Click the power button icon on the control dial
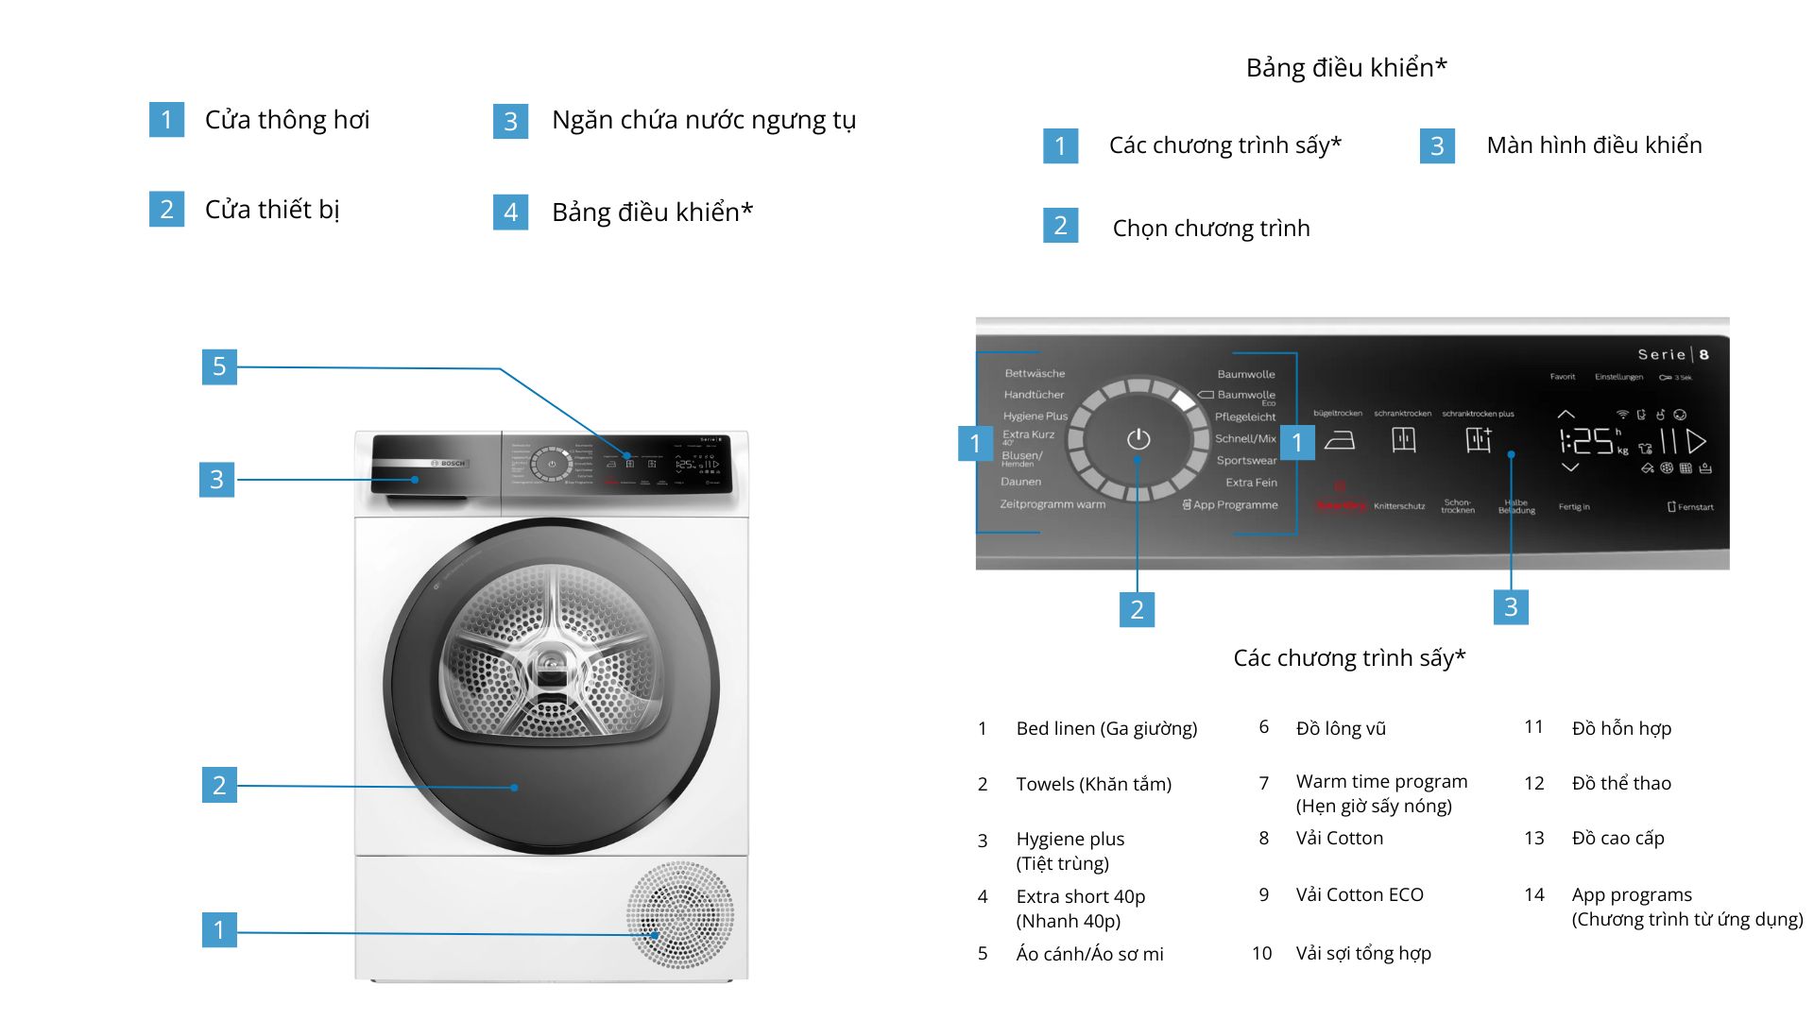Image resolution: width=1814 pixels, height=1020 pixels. click(1138, 439)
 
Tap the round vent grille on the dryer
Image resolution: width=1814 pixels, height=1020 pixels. click(680, 914)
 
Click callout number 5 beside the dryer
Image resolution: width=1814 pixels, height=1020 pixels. click(219, 366)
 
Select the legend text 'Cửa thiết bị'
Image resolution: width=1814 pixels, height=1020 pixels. click(272, 210)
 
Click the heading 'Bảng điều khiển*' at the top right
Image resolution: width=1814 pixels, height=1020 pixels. click(1346, 68)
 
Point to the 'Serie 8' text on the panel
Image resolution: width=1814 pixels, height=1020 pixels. click(1672, 354)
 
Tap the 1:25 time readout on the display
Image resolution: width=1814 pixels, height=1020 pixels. click(1587, 441)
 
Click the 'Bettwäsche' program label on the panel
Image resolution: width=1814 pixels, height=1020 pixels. click(1035, 373)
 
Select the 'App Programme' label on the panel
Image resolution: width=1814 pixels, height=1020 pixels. click(1230, 504)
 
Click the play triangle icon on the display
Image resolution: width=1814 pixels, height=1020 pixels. click(1697, 441)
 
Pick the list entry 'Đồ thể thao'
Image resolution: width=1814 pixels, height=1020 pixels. click(1621, 783)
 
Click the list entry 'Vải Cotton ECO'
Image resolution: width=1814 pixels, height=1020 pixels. click(1360, 894)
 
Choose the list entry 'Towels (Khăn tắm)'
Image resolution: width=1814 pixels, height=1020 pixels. click(1093, 784)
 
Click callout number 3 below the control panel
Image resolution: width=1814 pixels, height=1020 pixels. click(1511, 607)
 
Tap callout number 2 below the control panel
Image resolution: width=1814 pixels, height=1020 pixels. click(1137, 609)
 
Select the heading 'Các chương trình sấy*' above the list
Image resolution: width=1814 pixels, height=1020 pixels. click(1349, 658)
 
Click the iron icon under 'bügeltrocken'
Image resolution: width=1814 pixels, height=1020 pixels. click(1339, 440)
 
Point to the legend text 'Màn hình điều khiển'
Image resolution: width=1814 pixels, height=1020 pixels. click(1594, 145)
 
